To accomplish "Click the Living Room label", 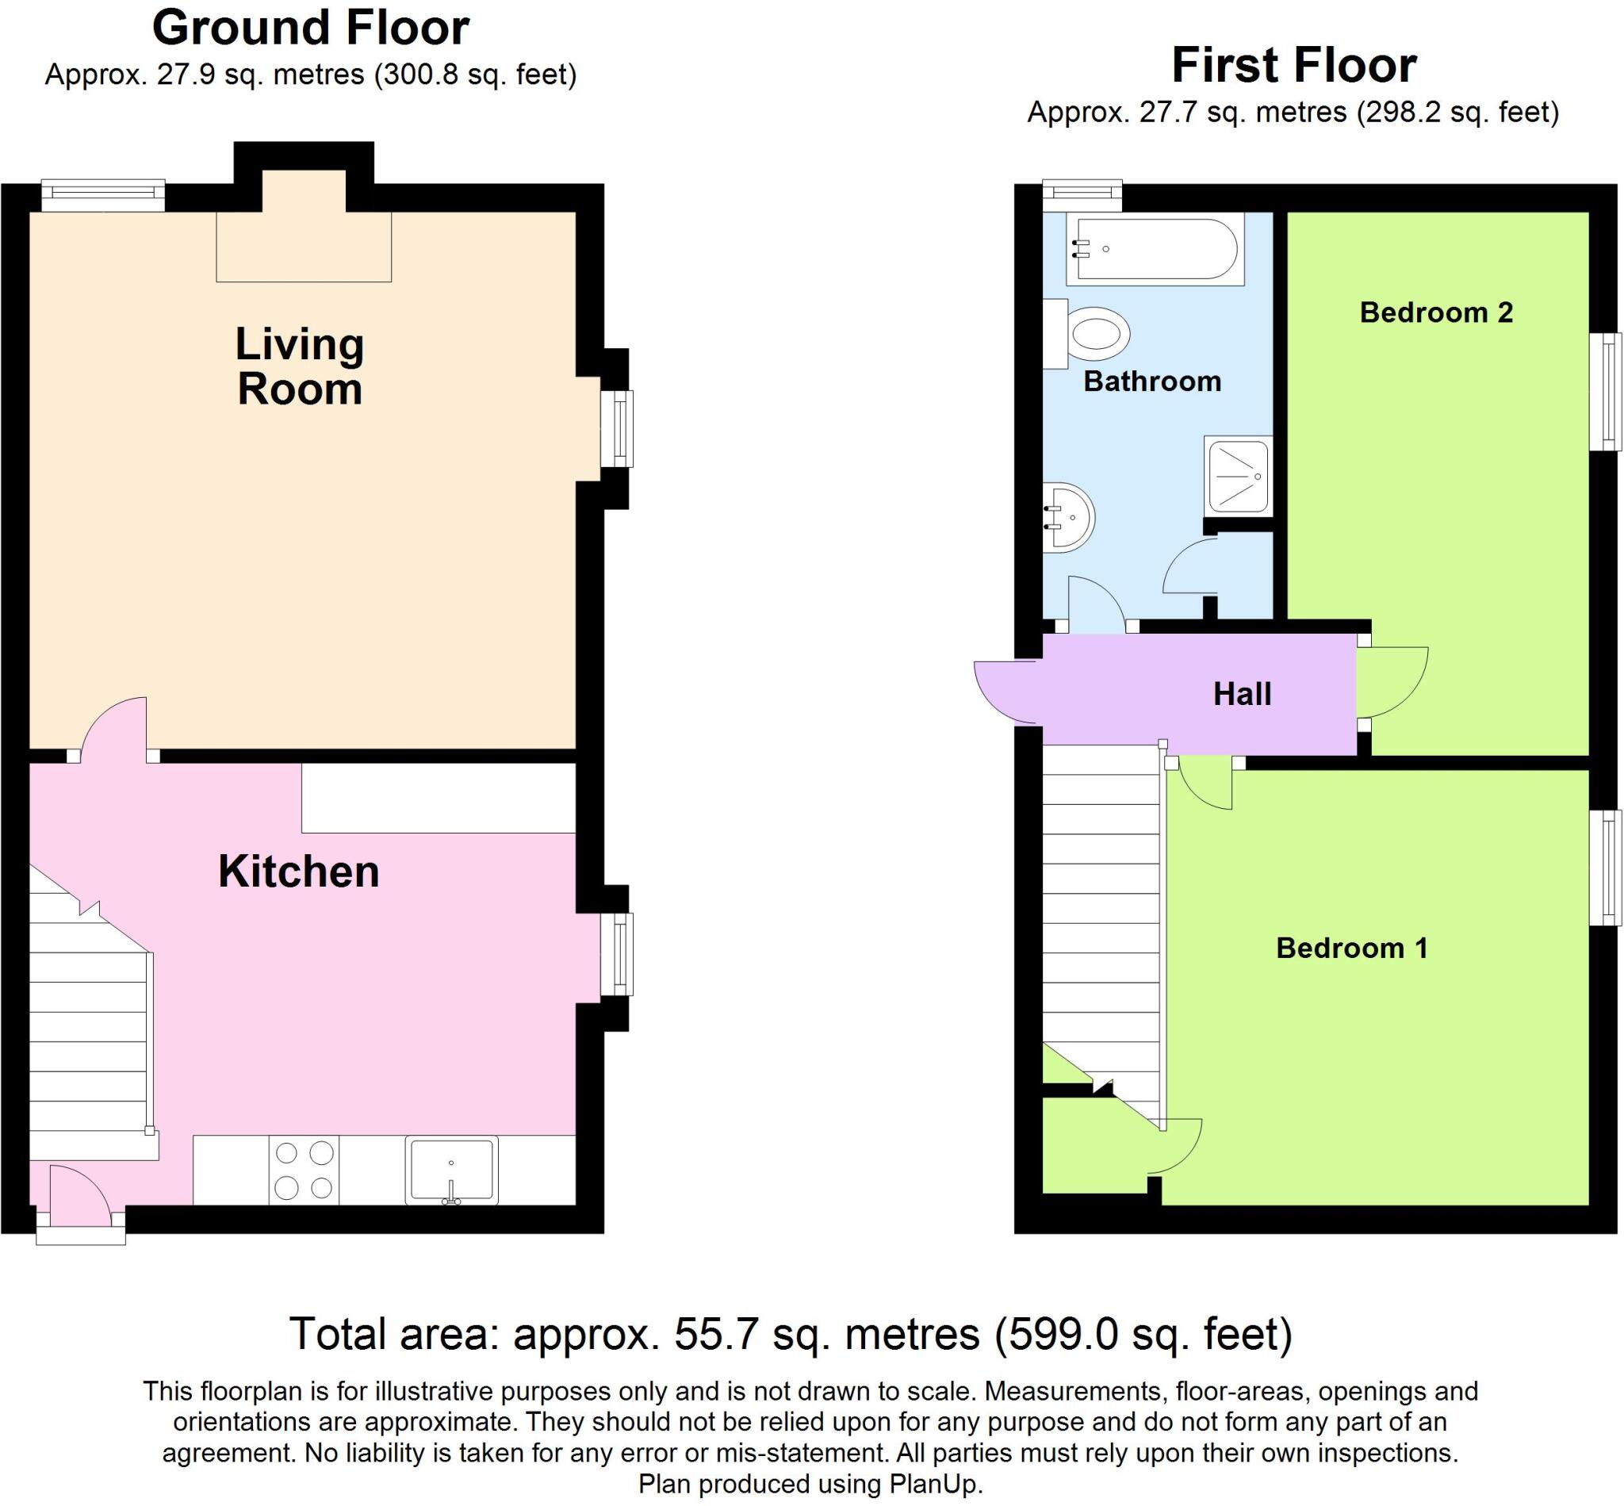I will tap(299, 366).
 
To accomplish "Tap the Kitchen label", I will tap(298, 872).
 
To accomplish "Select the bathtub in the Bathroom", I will tap(1155, 248).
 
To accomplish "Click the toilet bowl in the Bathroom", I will tap(1097, 333).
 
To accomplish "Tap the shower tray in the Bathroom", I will tap(1238, 476).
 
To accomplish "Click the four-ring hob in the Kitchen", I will tap(304, 1171).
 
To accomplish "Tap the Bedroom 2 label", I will tap(1436, 312).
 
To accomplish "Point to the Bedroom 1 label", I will tap(1351, 948).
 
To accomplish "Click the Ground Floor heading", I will tap(311, 27).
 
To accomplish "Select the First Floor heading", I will tap(1293, 65).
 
